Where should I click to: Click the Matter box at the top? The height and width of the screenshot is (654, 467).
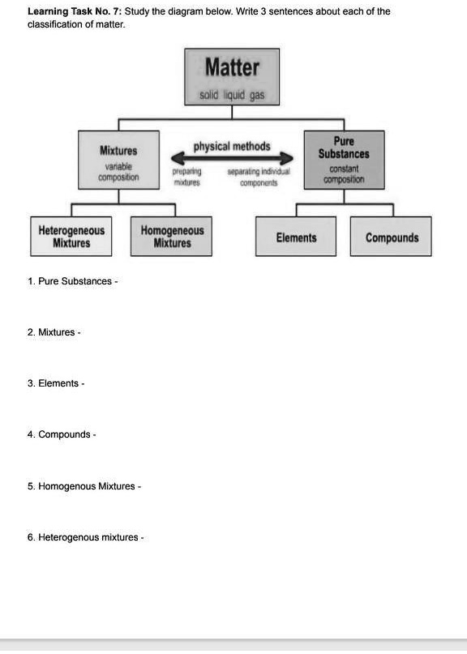tap(232, 76)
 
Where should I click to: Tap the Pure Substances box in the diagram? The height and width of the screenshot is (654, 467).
tap(343, 159)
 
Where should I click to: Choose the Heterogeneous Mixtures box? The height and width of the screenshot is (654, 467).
tap(71, 237)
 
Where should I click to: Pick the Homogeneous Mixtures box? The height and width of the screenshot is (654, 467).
tap(172, 237)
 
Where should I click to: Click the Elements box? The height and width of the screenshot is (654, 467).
tap(296, 237)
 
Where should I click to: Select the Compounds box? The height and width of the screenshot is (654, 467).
tap(392, 237)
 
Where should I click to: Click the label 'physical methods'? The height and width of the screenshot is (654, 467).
tap(232, 147)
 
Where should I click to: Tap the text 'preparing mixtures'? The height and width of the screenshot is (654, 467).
tap(187, 177)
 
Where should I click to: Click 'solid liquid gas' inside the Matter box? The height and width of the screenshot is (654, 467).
tap(232, 96)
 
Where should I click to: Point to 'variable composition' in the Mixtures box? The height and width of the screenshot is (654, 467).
tap(118, 171)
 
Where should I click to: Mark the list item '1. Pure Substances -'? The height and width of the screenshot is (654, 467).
tap(72, 281)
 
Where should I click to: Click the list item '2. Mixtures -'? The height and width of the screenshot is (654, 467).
tap(54, 332)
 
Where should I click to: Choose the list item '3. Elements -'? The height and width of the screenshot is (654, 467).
tap(55, 383)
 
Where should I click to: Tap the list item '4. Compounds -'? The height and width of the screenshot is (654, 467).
tap(62, 434)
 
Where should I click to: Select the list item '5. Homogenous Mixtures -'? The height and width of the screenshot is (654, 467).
tap(84, 486)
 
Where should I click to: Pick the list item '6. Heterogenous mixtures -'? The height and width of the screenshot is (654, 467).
tap(85, 537)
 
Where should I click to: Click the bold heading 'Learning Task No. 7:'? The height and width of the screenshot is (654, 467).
tap(74, 11)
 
